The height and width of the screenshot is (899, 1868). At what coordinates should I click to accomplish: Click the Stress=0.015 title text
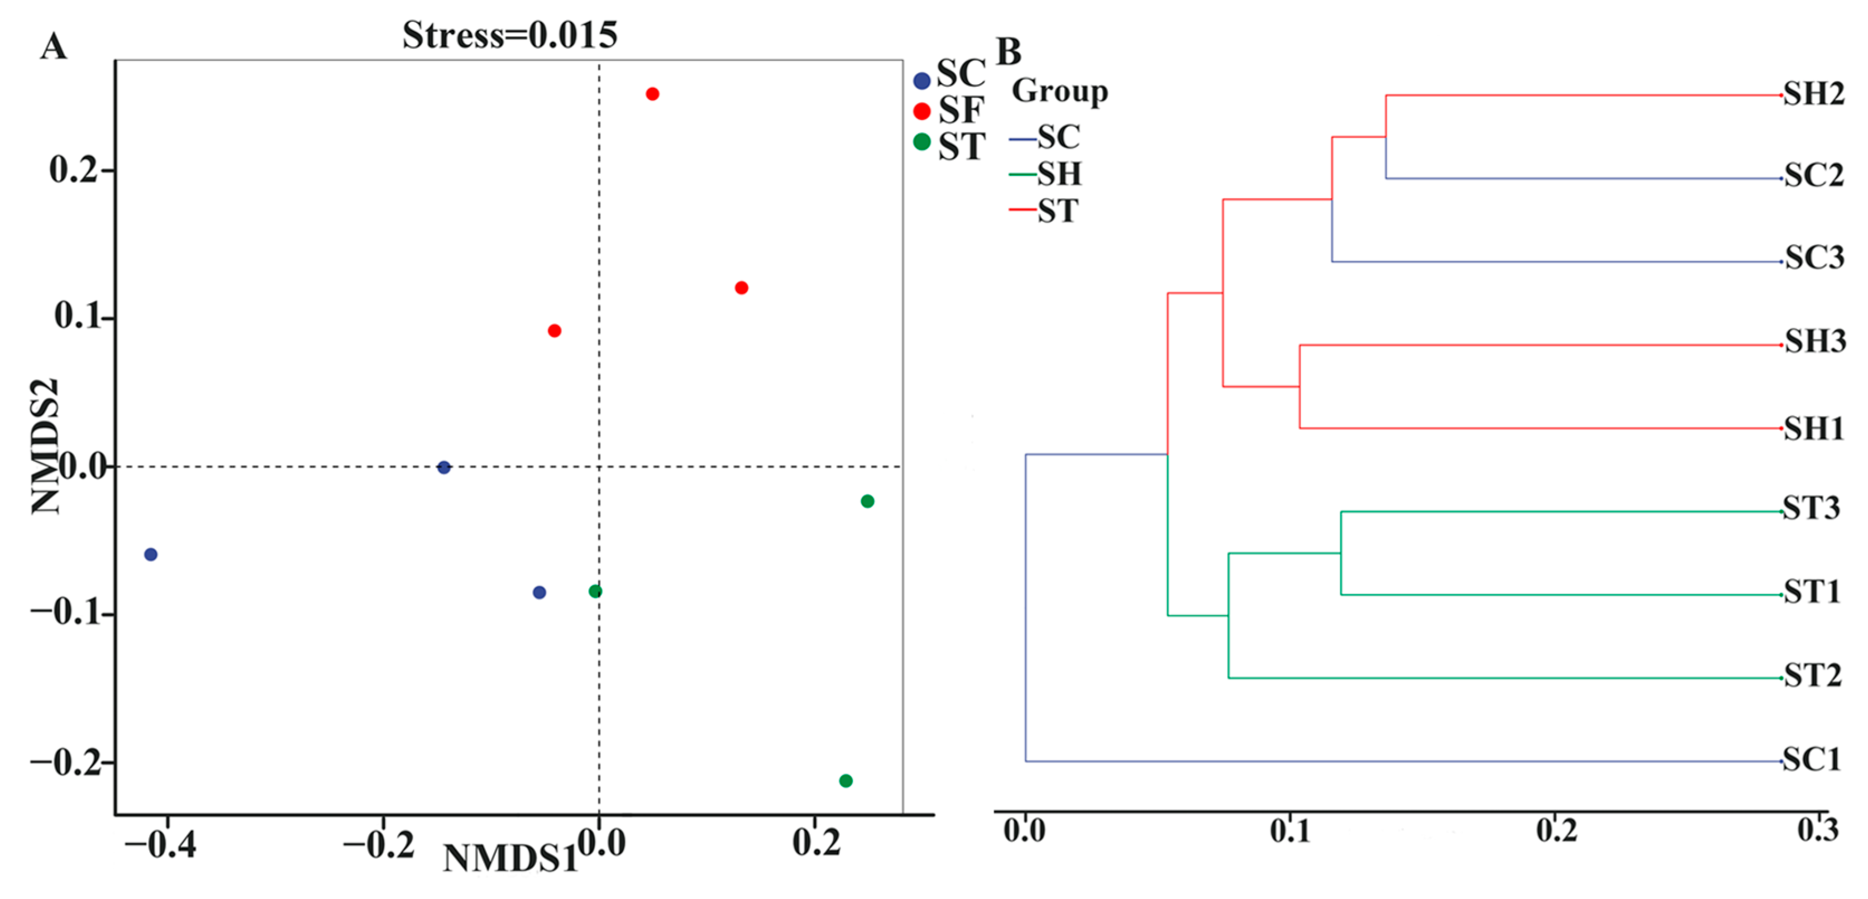click(510, 35)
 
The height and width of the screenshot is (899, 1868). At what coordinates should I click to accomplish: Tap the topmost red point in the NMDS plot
click(652, 93)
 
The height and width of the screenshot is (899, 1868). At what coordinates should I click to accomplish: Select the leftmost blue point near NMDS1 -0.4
click(151, 554)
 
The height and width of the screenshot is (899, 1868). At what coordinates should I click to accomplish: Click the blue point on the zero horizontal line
click(444, 467)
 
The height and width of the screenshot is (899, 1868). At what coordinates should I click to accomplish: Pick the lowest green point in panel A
click(845, 781)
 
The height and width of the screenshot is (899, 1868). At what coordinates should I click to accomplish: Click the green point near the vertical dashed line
click(595, 591)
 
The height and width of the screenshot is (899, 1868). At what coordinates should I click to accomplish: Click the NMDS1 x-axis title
click(510, 859)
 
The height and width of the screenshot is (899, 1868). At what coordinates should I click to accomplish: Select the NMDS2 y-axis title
click(45, 446)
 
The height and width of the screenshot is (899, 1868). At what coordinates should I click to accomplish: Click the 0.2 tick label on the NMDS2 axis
click(73, 170)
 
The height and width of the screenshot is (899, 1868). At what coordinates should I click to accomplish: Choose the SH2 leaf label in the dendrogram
click(1814, 94)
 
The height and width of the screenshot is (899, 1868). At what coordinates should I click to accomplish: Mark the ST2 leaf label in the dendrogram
click(1812, 676)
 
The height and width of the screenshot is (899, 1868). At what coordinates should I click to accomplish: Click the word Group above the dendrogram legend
click(1059, 92)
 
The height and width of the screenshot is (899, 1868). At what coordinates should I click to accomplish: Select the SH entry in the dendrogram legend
click(1059, 174)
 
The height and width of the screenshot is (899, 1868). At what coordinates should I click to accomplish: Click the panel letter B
click(1009, 51)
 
